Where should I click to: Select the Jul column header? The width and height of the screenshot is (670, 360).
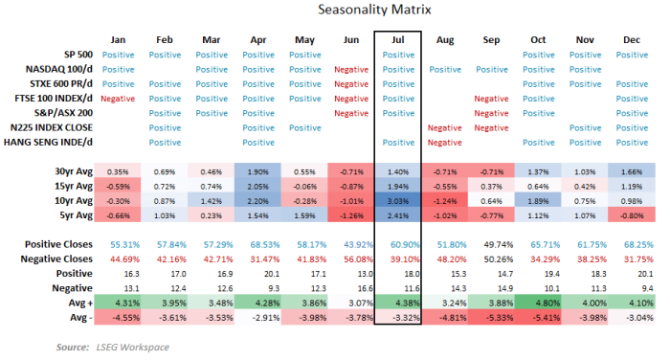point(398,40)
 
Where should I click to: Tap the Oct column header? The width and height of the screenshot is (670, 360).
point(538,40)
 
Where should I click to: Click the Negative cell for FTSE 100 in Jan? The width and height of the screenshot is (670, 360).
point(118,99)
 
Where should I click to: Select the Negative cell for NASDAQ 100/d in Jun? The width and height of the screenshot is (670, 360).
point(351,70)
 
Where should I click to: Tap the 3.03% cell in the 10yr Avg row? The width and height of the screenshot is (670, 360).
point(398,202)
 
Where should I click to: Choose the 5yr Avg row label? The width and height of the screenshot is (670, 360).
point(70,216)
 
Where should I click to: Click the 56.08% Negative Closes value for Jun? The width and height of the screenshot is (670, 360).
point(351,259)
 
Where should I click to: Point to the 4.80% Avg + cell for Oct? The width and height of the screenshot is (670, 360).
point(538,304)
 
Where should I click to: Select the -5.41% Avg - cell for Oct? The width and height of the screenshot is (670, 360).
point(538,318)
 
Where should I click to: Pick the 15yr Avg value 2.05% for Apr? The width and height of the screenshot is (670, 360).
point(257,186)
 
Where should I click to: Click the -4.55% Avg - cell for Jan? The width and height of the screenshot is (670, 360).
point(118,318)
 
